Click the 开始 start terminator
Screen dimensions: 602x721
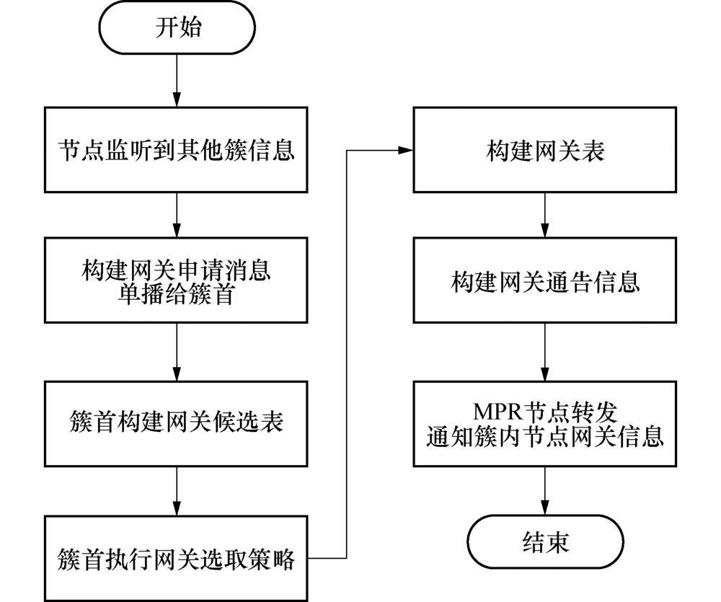tap(177, 28)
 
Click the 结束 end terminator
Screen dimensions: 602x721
tap(544, 542)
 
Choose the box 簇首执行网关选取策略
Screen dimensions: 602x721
tap(177, 557)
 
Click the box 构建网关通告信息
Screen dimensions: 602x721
tap(544, 280)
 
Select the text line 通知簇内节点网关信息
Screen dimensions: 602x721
tap(544, 436)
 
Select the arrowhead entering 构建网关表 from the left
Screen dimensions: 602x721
tap(406, 151)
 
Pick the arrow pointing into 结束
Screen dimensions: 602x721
tap(544, 492)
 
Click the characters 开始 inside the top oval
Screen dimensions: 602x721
tap(177, 28)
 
